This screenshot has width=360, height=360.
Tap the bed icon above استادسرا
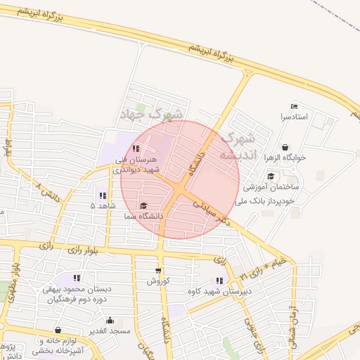click(294, 106)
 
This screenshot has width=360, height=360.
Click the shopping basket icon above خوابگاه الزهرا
click(284, 148)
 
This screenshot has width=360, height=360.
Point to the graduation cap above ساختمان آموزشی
click(271, 176)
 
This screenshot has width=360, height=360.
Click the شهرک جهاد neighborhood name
click(159, 113)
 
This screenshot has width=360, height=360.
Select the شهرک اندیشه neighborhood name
click(240, 146)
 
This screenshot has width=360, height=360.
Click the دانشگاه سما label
click(144, 216)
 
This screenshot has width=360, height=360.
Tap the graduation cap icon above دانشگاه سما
click(144, 206)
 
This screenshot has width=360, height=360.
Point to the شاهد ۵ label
click(103, 205)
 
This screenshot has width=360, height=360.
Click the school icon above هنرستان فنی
click(136, 149)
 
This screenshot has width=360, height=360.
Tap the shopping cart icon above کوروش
click(158, 270)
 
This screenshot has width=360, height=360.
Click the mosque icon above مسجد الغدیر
click(110, 320)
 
